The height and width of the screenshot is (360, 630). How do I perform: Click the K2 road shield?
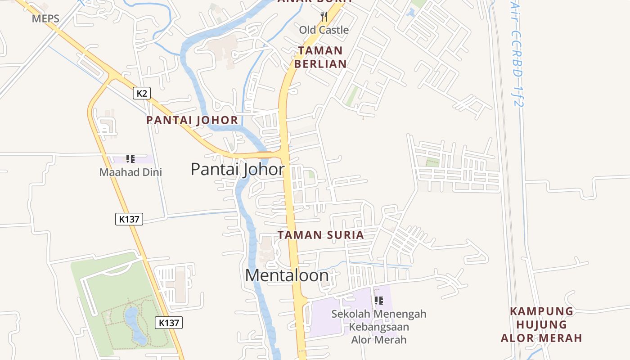point(142,93)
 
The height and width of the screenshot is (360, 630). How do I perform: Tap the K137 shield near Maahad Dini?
point(129,219)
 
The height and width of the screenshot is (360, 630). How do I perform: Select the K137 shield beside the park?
point(169,323)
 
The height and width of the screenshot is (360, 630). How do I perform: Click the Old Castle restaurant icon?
point(324,17)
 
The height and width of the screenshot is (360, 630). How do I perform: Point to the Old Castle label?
point(324,30)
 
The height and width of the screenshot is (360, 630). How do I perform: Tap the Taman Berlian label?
point(320,57)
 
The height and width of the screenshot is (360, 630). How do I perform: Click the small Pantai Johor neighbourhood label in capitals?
point(192,120)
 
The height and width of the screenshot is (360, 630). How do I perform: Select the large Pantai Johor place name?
point(238,169)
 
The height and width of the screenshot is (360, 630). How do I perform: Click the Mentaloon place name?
point(287,275)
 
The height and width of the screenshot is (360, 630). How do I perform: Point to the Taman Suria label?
point(320,235)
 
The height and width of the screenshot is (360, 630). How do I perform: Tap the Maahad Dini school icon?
point(130,158)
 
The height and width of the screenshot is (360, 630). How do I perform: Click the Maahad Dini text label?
point(130,172)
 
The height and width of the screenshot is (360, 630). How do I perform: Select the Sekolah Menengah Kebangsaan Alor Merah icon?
point(378,300)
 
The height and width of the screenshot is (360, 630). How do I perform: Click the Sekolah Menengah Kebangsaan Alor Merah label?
point(378,327)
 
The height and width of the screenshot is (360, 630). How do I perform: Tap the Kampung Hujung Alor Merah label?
point(541,324)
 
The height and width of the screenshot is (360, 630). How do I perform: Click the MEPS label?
point(45,19)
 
